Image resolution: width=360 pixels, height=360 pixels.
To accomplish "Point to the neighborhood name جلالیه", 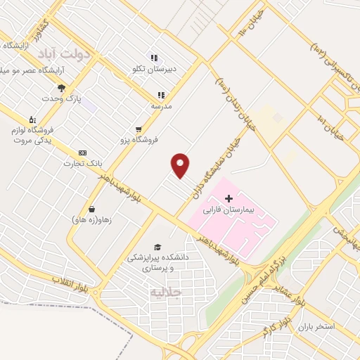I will pyautogui.click(x=167, y=291).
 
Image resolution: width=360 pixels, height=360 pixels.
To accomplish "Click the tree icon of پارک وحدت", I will pyautogui.click(x=62, y=88).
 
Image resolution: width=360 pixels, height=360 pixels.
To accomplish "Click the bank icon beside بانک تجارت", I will pyautogui.click(x=83, y=153).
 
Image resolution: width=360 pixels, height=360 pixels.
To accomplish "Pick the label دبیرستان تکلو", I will pyautogui.click(x=153, y=69).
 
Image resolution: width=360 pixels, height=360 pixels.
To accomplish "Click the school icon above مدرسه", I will pyautogui.click(x=161, y=95).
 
